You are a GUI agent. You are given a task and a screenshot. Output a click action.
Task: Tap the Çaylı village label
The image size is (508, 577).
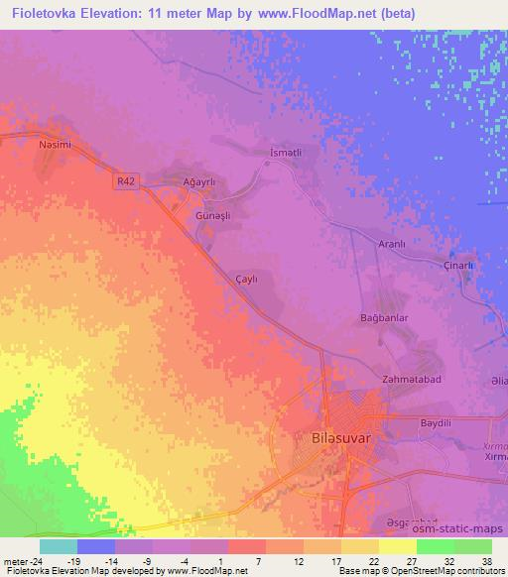point(243,280)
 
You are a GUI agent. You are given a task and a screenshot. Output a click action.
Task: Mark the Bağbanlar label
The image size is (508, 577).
point(383,318)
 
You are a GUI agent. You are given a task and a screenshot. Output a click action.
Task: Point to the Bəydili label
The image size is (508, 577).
point(436,422)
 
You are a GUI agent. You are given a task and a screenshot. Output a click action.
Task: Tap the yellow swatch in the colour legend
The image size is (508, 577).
point(397,546)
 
